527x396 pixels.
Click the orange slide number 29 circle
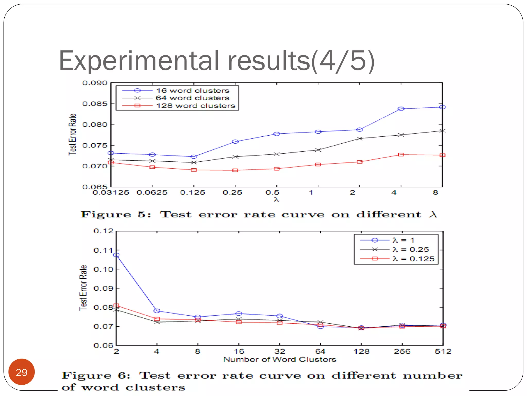click(x=22, y=372)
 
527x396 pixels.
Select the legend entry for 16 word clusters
click(x=192, y=90)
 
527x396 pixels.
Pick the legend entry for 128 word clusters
click(x=196, y=106)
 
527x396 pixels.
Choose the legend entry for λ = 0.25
click(x=411, y=249)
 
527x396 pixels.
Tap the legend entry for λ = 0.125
click(x=413, y=259)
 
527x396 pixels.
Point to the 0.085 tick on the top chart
click(x=95, y=104)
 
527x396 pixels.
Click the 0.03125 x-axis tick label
click(x=111, y=193)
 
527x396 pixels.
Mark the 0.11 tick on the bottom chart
click(x=103, y=250)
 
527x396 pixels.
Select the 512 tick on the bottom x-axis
click(x=443, y=351)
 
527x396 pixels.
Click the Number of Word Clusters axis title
click(x=280, y=359)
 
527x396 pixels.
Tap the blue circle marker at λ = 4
click(x=401, y=109)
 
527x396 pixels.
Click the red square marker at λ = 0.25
click(x=235, y=170)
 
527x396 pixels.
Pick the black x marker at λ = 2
click(x=360, y=138)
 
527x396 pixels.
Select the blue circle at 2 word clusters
click(x=116, y=255)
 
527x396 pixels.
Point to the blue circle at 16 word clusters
click(x=239, y=313)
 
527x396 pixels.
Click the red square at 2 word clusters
click(x=116, y=306)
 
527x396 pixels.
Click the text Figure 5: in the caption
click(x=116, y=214)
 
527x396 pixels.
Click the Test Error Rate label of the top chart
click(x=72, y=134)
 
